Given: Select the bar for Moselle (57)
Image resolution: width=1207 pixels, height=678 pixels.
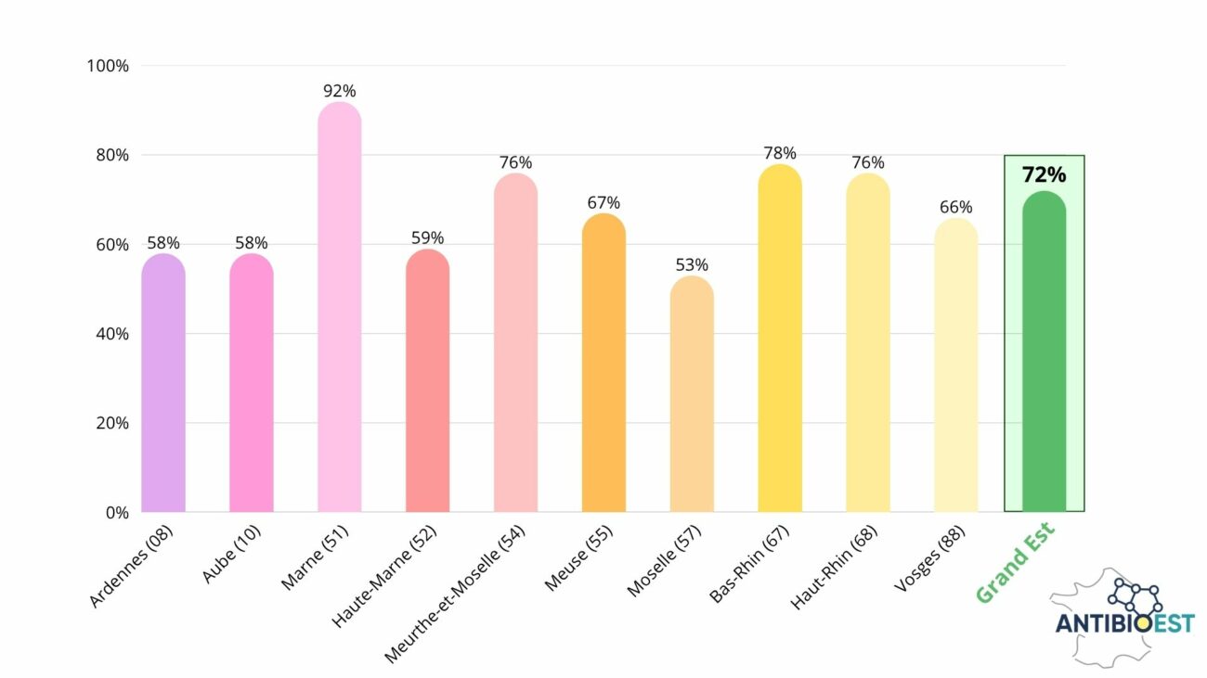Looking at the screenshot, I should (x=692, y=394).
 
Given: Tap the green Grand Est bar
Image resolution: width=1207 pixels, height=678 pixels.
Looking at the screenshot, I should (x=1044, y=352).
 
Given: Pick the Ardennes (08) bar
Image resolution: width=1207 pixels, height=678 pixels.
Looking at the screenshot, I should (x=163, y=382).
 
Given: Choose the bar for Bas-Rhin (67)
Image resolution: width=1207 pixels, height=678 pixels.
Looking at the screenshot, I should (x=780, y=339).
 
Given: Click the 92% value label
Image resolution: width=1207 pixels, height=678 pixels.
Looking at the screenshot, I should (x=339, y=91).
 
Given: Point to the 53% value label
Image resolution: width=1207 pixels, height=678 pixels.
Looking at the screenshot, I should (x=692, y=264).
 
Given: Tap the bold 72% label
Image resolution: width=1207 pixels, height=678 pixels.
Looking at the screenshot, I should (x=1044, y=174).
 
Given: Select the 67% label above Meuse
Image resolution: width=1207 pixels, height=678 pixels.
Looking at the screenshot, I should (x=603, y=202).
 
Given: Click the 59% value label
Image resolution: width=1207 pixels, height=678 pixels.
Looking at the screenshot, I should (x=427, y=238).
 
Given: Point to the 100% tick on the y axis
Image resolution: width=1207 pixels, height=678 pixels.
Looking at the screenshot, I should (x=108, y=66).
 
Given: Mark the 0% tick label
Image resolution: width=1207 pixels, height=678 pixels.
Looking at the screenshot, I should (x=116, y=512).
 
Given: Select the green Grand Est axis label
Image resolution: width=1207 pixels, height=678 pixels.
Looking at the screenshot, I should (x=1017, y=562).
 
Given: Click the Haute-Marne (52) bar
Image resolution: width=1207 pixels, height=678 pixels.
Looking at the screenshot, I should (x=427, y=380).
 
